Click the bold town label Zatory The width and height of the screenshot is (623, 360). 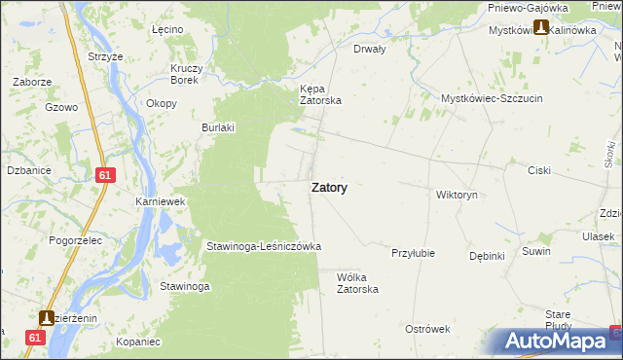coord(330,188)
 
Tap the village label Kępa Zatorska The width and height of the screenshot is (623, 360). coord(319,93)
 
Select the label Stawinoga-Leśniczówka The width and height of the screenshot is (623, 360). coord(263,246)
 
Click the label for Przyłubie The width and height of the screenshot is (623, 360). coord(413,252)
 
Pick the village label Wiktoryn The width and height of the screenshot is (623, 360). coord(457,195)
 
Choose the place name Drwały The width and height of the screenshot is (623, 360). coord(370,48)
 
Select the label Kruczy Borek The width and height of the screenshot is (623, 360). coord(186,74)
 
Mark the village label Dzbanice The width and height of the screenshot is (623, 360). coord(28,170)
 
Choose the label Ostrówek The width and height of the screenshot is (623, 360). coord(427,329)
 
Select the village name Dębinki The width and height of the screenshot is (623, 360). coord(486,256)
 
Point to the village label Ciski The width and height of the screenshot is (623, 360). coord(539,170)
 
